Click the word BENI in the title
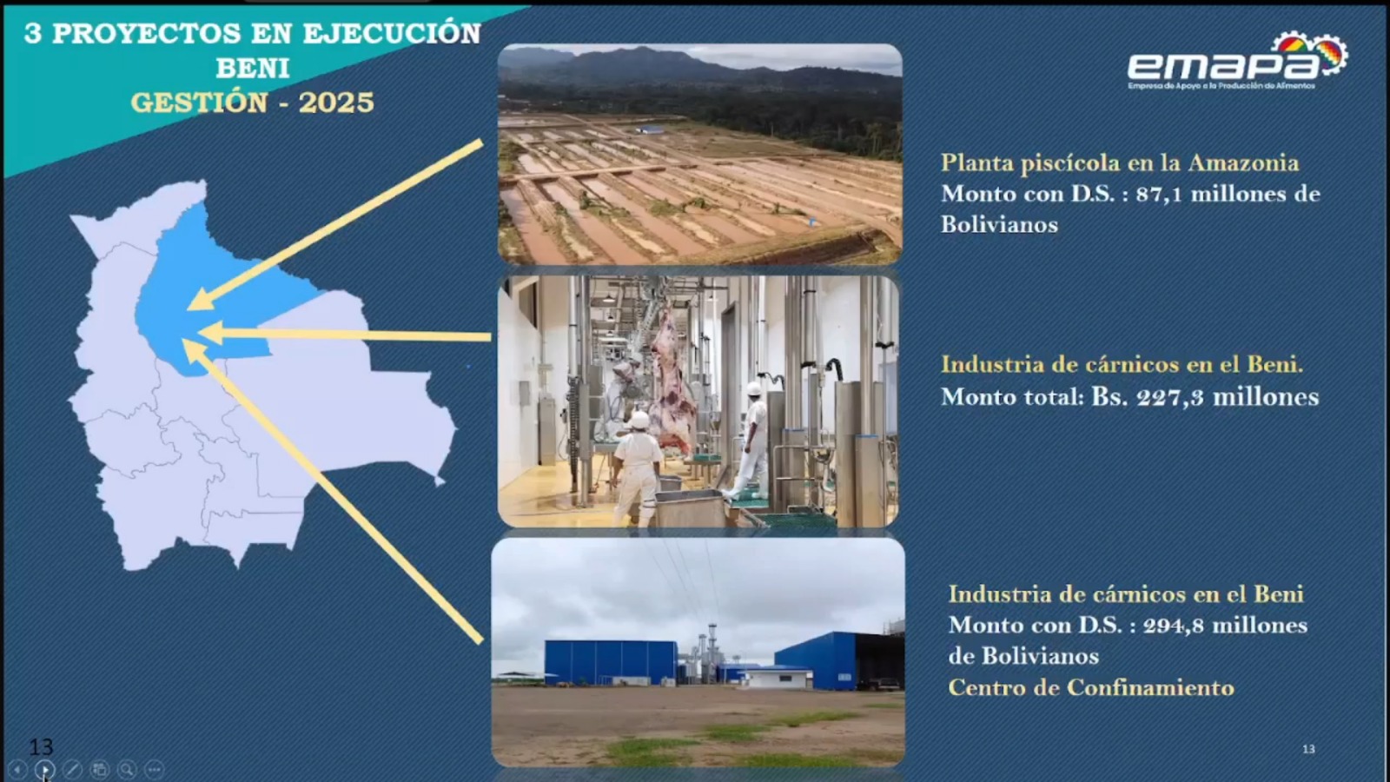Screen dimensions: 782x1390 coord(253,68)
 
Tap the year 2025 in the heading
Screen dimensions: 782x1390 coord(336,103)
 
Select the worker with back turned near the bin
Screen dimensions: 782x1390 coord(637,465)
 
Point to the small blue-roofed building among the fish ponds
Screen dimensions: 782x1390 coord(650,129)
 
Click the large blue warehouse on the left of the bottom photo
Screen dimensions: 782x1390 coord(610,662)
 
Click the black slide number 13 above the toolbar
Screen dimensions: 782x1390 coord(41,746)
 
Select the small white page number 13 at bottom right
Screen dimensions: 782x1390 coord(1308,749)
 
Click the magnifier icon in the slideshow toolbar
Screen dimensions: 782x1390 coord(127,769)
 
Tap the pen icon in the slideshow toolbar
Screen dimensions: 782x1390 coord(72,769)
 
